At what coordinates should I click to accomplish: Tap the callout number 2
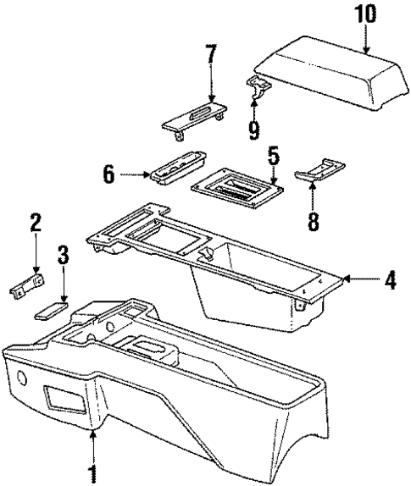tap(36, 224)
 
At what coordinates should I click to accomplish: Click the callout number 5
tap(272, 157)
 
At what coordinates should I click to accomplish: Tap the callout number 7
tap(211, 57)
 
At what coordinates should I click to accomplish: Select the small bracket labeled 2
tap(25, 288)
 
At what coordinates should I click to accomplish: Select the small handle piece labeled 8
tap(311, 174)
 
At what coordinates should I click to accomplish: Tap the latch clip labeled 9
tap(257, 86)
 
